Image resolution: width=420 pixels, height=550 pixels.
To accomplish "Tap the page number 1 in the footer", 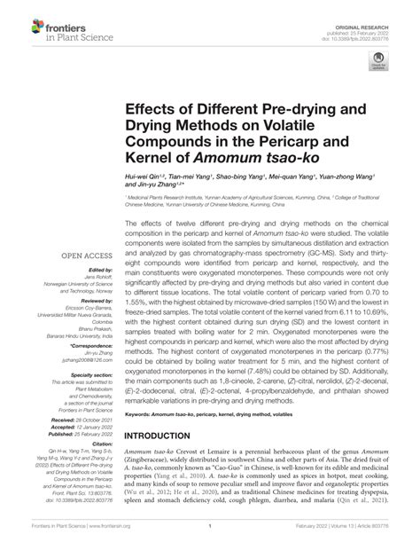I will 209,538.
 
